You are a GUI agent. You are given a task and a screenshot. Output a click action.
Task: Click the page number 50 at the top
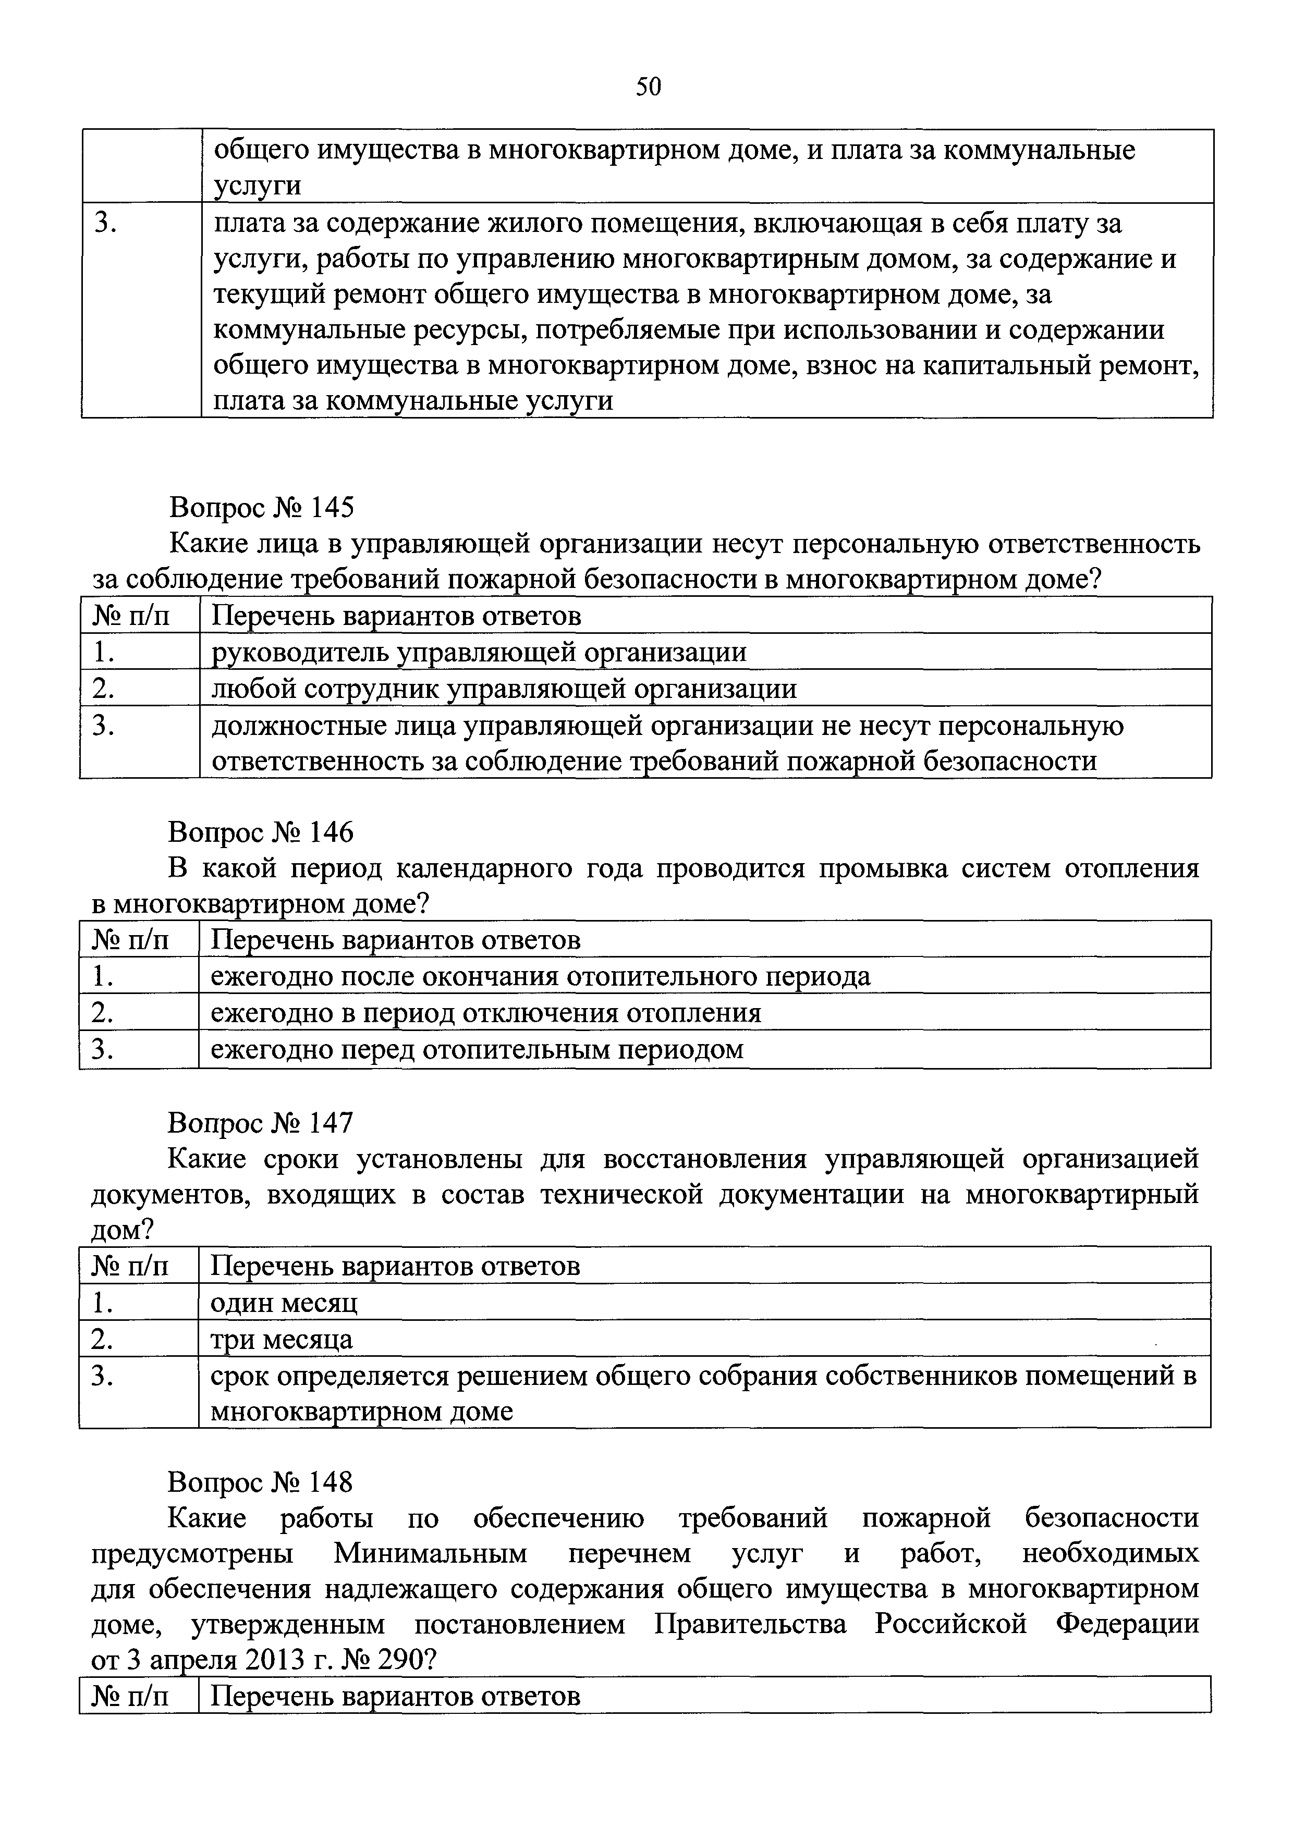pos(648,86)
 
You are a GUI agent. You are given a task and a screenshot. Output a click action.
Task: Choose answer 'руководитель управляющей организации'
pos(479,652)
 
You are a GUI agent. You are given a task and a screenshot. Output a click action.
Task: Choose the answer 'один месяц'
pos(284,1303)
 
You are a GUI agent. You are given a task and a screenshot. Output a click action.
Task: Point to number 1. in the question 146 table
pos(102,976)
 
